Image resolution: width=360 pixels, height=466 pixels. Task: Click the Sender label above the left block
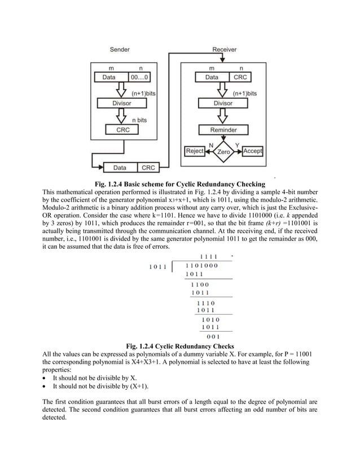click(x=122, y=49)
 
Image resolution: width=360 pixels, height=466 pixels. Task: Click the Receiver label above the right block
click(x=224, y=49)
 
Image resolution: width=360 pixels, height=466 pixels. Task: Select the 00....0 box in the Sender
click(x=140, y=77)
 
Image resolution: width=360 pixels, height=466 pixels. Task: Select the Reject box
click(x=195, y=151)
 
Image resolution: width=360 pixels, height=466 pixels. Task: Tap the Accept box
click(x=252, y=151)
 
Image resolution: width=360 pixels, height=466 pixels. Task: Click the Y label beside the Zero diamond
click(x=238, y=145)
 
